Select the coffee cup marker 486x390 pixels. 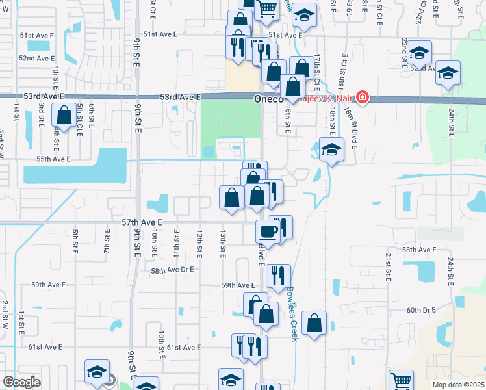[268, 231]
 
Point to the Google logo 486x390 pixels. [21, 382]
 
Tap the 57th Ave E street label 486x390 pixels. [141, 222]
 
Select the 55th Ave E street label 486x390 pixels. [53, 159]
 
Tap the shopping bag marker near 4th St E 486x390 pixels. [64, 116]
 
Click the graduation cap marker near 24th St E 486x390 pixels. [448, 73]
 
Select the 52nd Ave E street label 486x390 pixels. [36, 58]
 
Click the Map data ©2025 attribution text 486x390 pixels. [458, 385]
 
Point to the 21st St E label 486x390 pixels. [388, 266]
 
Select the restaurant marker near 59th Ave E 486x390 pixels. [277, 276]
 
